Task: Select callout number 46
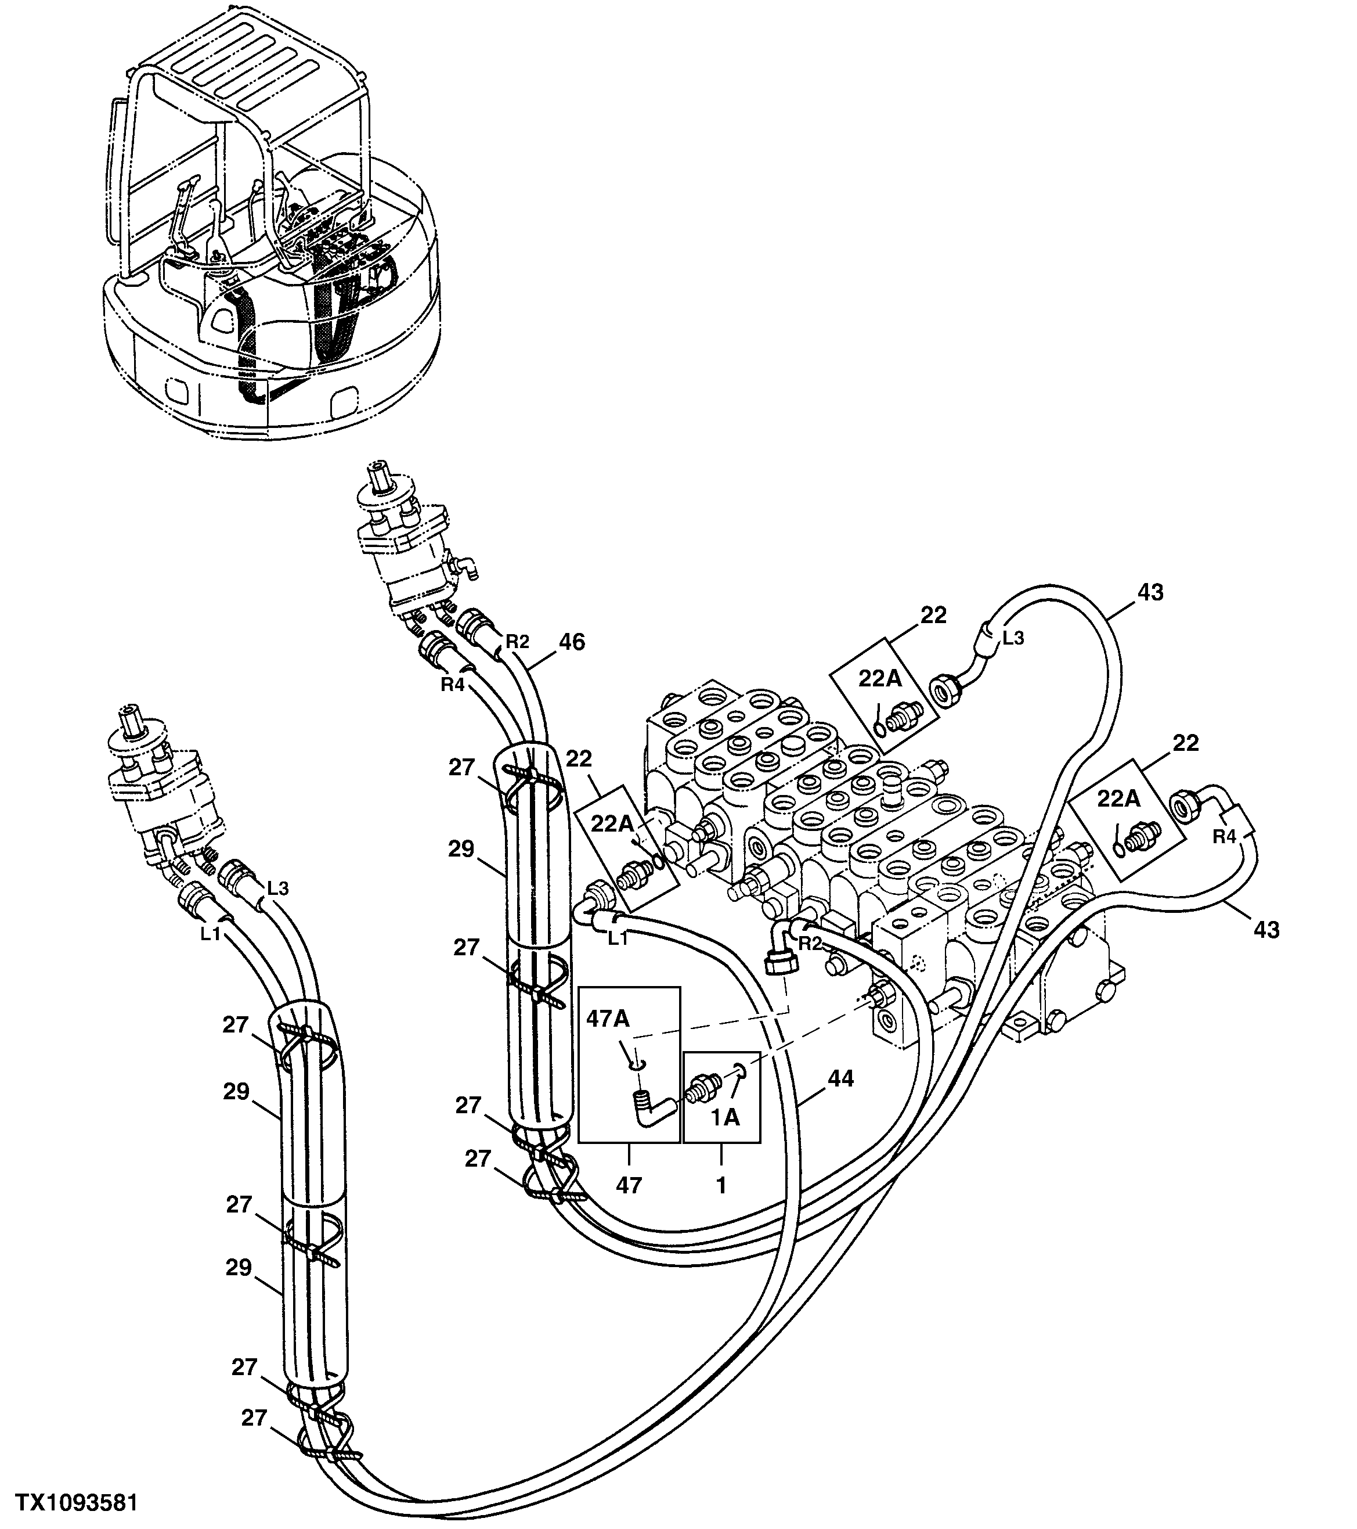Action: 572,642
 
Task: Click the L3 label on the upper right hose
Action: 1013,638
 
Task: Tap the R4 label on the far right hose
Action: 1224,837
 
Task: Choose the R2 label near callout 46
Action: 517,641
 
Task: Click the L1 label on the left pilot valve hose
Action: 212,934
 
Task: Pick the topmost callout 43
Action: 1150,592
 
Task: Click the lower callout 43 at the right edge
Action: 1266,930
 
